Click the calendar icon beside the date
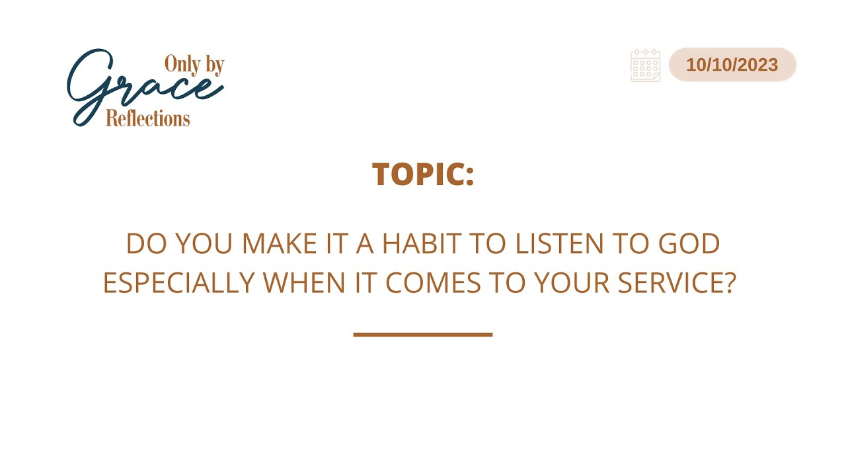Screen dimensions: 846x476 [x=646, y=65]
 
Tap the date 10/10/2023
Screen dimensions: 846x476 [x=732, y=65]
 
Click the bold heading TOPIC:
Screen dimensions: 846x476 [x=423, y=174]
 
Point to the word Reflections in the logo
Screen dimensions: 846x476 [x=147, y=118]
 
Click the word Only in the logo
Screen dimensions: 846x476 [x=182, y=64]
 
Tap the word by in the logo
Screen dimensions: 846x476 [x=215, y=65]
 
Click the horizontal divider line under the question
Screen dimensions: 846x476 [x=423, y=335]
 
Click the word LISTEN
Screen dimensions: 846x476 [x=559, y=243]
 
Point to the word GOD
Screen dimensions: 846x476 [x=689, y=243]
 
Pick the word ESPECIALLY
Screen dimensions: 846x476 [x=179, y=282]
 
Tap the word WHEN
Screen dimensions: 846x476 [x=304, y=282]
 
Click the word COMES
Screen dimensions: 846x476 [x=433, y=282]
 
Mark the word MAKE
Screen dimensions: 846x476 [x=279, y=243]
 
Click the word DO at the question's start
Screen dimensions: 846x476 [x=147, y=243]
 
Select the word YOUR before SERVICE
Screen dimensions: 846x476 [x=572, y=282]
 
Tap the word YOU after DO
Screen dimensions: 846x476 [x=204, y=243]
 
